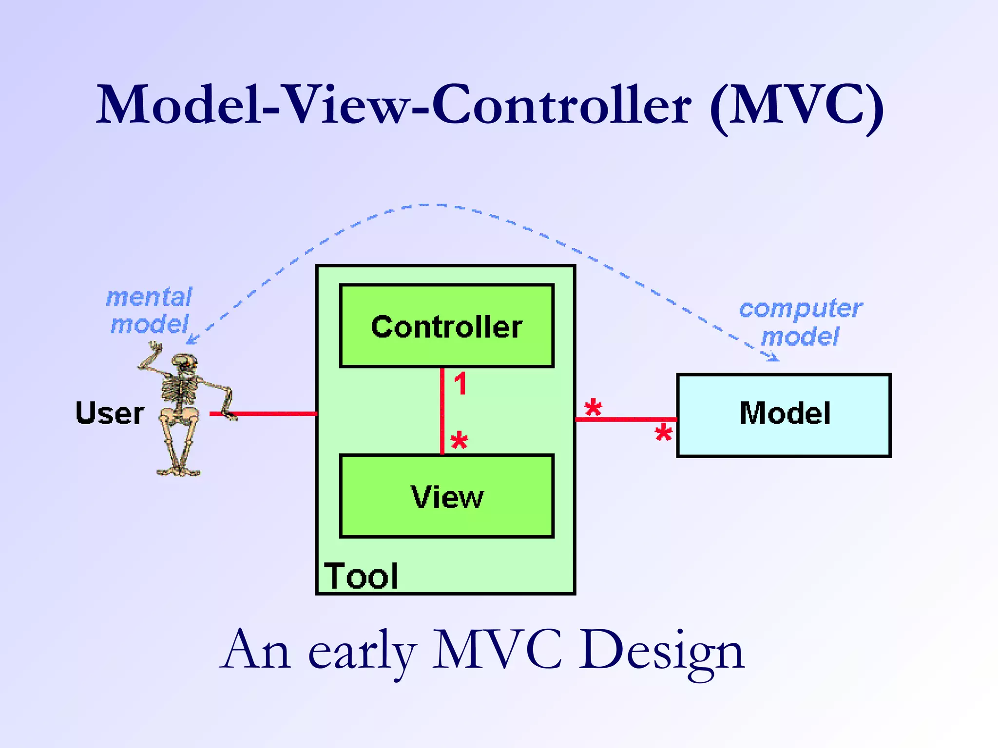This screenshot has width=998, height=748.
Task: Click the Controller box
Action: pos(446,326)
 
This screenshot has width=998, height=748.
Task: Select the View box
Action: pos(446,496)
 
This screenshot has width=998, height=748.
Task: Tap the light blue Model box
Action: pos(784,415)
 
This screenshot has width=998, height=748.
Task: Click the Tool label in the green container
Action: pos(361,576)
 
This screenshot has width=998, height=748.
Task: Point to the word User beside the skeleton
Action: pos(110,413)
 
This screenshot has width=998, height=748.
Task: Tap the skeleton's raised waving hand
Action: pos(156,347)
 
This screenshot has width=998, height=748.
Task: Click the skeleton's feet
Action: pos(178,471)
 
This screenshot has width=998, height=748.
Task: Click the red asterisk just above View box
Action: pos(459,441)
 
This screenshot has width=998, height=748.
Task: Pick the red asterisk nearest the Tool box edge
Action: pos(593,407)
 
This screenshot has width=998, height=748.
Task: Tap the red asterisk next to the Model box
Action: pos(663,432)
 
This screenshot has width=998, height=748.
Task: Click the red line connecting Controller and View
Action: pos(442,411)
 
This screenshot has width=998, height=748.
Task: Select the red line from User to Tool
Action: pos(273,413)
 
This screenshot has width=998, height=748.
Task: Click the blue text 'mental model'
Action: pos(149,311)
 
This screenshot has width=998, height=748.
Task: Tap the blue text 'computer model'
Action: pos(800,322)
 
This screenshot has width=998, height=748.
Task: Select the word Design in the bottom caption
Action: pos(661,650)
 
